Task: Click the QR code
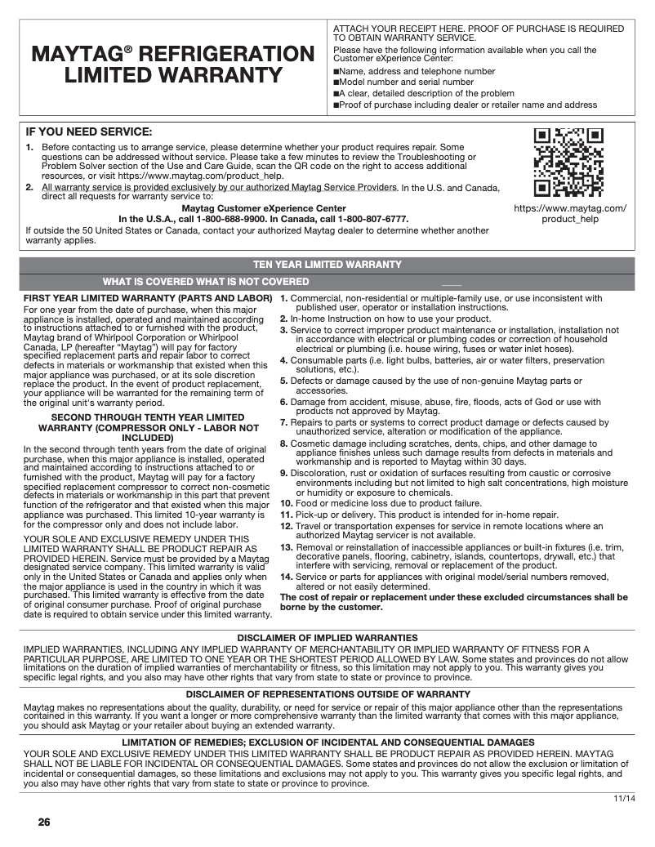click(x=568, y=163)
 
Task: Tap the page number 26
click(x=44, y=821)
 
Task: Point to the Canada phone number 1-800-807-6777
click(x=371, y=219)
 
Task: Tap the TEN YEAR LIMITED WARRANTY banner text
click(x=327, y=265)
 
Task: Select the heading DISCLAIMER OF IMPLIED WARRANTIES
click(x=327, y=638)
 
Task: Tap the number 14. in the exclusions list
click(x=286, y=577)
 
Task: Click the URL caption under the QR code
click(x=570, y=213)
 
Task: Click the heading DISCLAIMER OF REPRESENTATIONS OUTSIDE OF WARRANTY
click(x=327, y=694)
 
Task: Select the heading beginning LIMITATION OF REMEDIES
click(x=327, y=742)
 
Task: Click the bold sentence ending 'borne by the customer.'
click(x=453, y=602)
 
